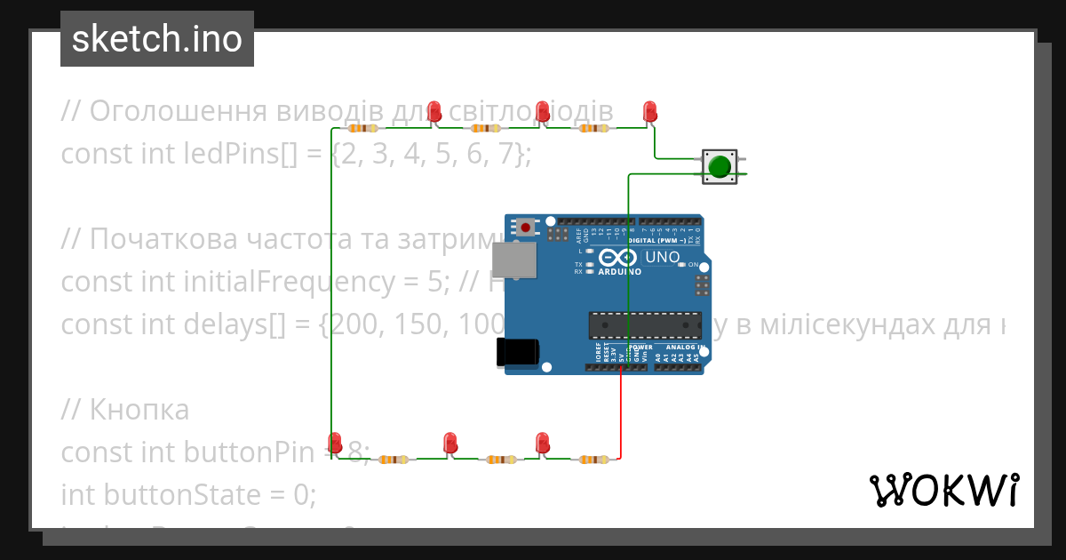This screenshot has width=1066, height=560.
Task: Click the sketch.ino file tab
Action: (157, 39)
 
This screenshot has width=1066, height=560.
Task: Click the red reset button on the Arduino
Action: (526, 228)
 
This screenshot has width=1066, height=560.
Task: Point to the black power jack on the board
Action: (517, 352)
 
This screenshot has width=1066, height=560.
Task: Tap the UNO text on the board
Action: (662, 258)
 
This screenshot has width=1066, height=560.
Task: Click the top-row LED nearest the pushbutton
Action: (649, 112)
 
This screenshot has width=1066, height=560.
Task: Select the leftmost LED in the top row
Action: (434, 112)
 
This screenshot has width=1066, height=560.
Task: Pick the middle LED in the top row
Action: (542, 112)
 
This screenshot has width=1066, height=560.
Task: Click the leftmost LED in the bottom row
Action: (335, 443)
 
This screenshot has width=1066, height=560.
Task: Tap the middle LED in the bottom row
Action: (449, 443)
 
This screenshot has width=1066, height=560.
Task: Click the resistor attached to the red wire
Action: (593, 460)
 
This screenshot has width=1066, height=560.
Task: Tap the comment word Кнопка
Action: (139, 410)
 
